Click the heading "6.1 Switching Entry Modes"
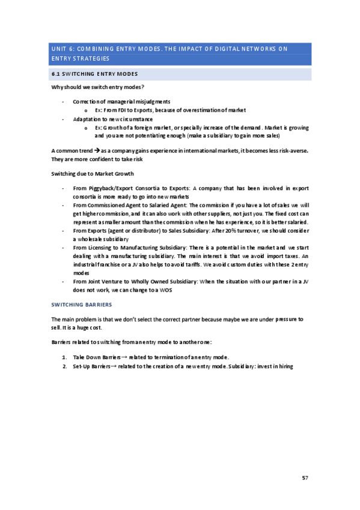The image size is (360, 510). [x=94, y=74]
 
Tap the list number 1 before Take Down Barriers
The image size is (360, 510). [x=64, y=357]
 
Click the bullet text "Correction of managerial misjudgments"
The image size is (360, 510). [x=121, y=102]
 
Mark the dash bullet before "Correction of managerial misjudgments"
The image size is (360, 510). [x=63, y=102]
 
